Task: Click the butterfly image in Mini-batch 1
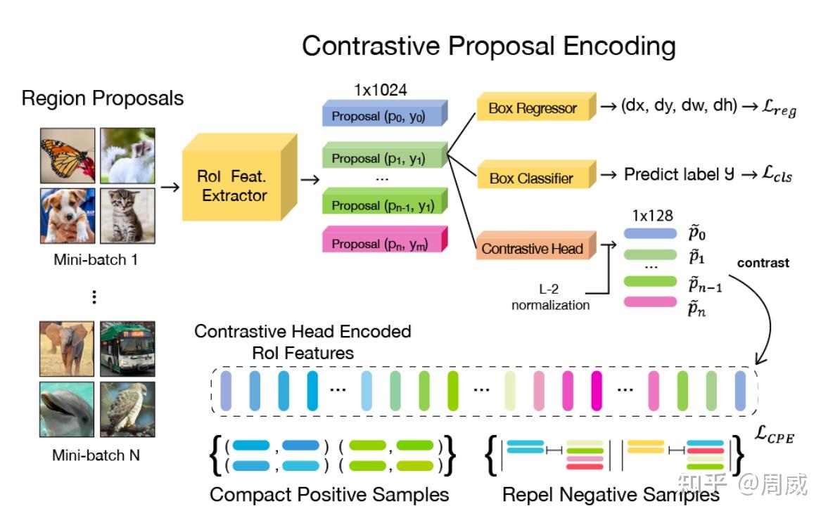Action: tap(68, 155)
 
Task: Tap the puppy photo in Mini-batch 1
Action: tap(68, 216)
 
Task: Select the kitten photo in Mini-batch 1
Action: tap(128, 216)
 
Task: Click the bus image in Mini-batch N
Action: tap(128, 349)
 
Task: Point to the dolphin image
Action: tap(67, 409)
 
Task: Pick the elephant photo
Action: tap(67, 349)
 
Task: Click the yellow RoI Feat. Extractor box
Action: tap(239, 177)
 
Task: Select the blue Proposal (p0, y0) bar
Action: tap(385, 113)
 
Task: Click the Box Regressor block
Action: tap(537, 107)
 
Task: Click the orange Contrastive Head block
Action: tap(536, 245)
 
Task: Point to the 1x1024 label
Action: tap(380, 90)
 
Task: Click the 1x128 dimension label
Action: tap(653, 215)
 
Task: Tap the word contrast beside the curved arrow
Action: tap(763, 263)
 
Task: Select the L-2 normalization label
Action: tap(550, 297)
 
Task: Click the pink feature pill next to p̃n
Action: tap(650, 302)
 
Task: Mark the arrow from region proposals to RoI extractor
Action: tap(170, 187)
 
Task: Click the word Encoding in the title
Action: tap(619, 46)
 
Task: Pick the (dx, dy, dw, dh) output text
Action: tap(679, 105)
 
